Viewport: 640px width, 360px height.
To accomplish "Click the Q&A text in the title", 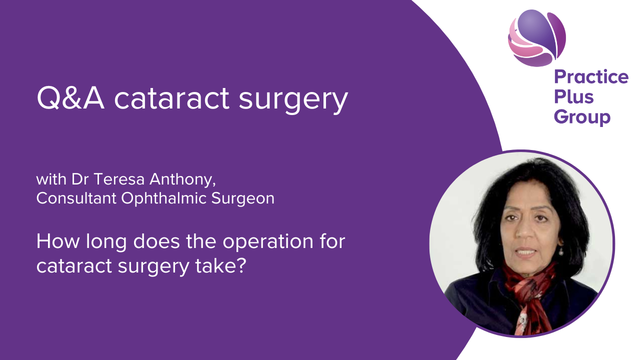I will [70, 98].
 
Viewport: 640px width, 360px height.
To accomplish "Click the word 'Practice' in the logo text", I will [591, 77].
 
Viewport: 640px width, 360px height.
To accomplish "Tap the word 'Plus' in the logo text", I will [574, 96].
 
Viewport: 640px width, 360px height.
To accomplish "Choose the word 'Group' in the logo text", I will [582, 117].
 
